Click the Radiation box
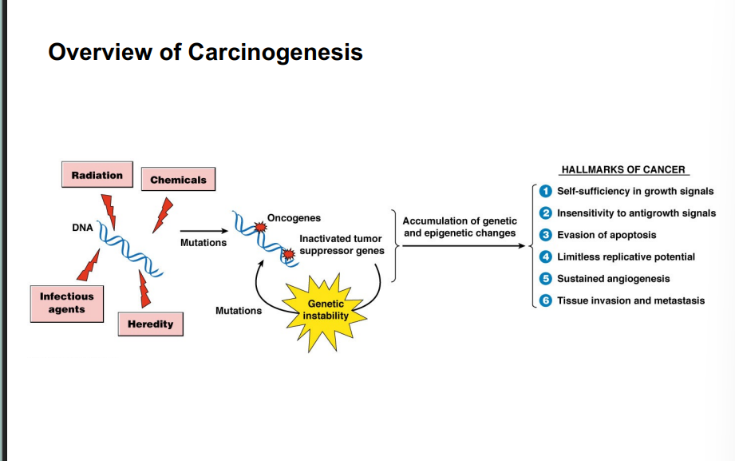tap(97, 176)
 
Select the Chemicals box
tap(178, 180)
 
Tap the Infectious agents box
tap(67, 303)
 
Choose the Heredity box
tap(150, 324)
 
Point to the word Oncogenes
tap(294, 218)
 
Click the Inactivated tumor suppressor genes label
tap(341, 244)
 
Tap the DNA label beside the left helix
tap(82, 228)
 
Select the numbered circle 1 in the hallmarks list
tap(546, 192)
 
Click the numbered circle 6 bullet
tap(546, 301)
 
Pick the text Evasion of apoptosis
tap(607, 236)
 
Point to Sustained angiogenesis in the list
tap(613, 279)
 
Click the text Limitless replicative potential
tap(626, 257)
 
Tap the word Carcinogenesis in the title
tap(275, 52)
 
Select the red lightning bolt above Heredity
tap(144, 289)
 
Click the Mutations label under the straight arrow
tap(203, 243)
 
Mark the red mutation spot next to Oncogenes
tap(259, 228)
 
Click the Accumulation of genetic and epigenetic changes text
tap(459, 227)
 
